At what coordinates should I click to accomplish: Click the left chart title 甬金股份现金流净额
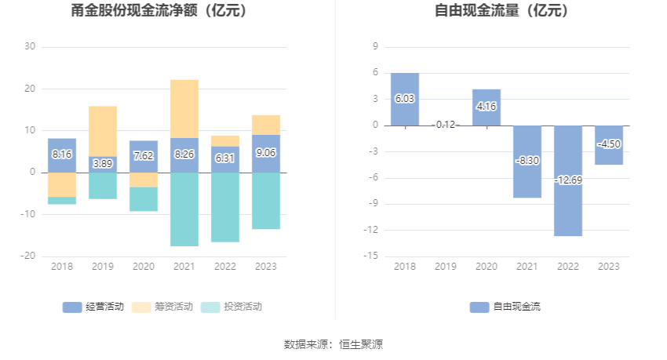[x=159, y=11]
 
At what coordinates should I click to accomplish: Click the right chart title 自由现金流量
[x=501, y=11]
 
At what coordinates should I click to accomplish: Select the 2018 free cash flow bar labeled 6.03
[x=405, y=99]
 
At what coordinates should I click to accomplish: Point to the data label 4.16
[x=487, y=107]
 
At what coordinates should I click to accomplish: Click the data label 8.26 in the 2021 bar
[x=184, y=155]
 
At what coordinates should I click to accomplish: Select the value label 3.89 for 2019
[x=103, y=163]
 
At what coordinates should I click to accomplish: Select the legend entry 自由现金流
[x=505, y=307]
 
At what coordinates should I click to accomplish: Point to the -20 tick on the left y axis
[x=29, y=256]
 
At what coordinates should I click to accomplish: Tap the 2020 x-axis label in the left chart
[x=144, y=267]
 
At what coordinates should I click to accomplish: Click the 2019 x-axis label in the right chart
[x=446, y=267]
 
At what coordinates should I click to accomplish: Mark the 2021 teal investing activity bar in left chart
[x=184, y=209]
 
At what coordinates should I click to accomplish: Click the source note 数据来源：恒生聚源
[x=333, y=344]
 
